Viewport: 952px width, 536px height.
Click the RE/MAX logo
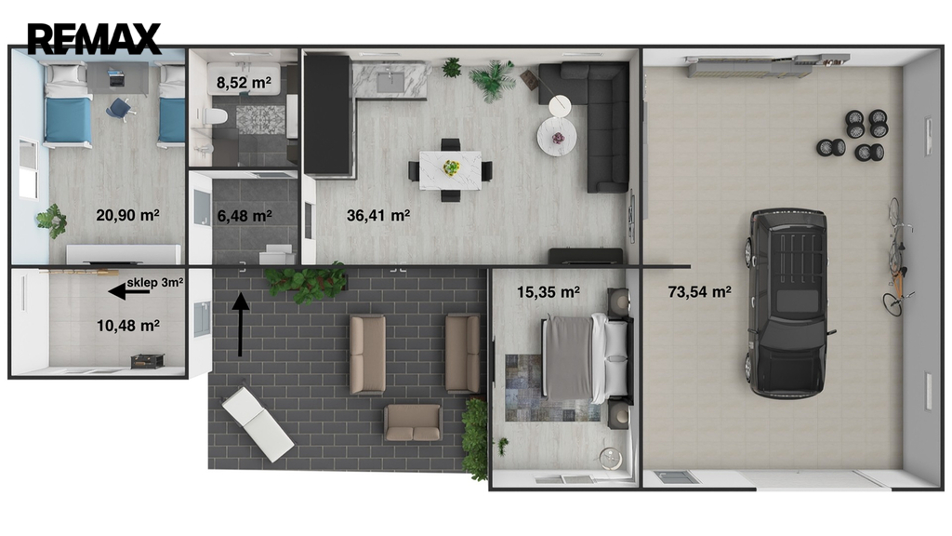(x=94, y=38)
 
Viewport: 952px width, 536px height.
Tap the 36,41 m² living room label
(x=378, y=215)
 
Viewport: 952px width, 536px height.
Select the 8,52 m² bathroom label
(x=245, y=83)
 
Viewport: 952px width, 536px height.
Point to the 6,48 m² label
(x=245, y=216)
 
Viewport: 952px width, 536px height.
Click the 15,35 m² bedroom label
(x=549, y=292)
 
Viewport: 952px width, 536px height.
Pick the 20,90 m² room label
(x=127, y=215)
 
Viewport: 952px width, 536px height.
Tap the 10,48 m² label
(x=128, y=326)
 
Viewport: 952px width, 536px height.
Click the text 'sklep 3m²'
(x=155, y=283)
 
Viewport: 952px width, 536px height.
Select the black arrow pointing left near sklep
(x=128, y=292)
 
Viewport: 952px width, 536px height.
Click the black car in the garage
(x=787, y=302)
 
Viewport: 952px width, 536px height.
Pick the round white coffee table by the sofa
(x=557, y=136)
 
